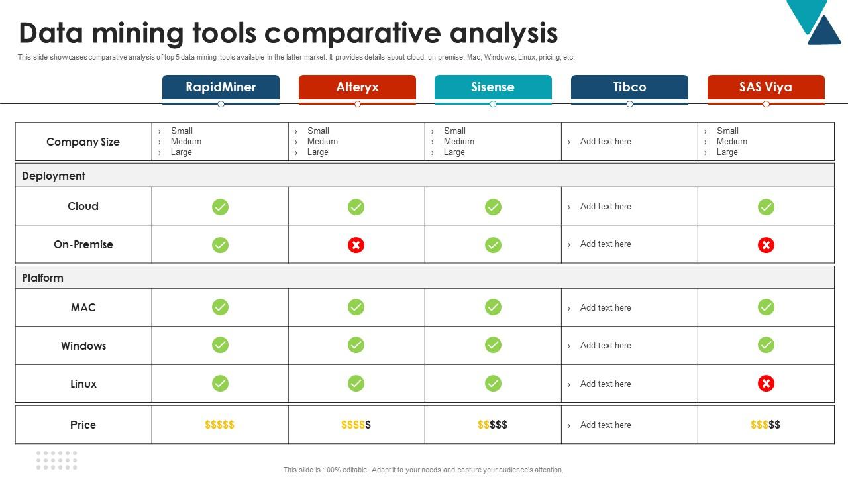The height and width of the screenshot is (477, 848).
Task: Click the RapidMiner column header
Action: (x=221, y=87)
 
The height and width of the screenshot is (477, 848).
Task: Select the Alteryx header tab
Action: (x=357, y=87)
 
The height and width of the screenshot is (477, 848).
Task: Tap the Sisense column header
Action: (x=493, y=87)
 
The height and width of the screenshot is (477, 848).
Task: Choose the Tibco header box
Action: (x=629, y=87)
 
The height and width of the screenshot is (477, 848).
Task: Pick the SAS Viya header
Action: (x=766, y=87)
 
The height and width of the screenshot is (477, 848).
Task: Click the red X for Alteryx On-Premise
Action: (x=356, y=245)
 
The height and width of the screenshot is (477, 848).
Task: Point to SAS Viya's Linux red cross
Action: (x=766, y=384)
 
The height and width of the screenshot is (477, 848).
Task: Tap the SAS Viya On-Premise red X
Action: (x=766, y=245)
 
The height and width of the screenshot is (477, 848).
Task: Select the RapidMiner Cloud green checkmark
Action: (x=220, y=207)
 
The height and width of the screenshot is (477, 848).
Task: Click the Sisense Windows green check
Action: (x=493, y=345)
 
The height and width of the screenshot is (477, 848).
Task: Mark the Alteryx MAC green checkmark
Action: (x=356, y=307)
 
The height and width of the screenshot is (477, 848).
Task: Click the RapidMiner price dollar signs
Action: (x=219, y=425)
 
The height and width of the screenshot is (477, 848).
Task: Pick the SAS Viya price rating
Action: (x=765, y=425)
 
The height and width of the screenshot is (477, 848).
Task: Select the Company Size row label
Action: (x=83, y=142)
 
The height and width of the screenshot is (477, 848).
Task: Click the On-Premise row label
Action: (x=83, y=244)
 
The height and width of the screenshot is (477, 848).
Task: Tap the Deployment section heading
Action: (x=54, y=176)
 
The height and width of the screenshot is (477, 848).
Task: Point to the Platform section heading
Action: (x=42, y=278)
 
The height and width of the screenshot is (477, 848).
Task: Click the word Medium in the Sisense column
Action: (x=459, y=141)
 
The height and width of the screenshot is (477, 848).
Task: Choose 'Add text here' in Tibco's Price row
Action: (x=606, y=425)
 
